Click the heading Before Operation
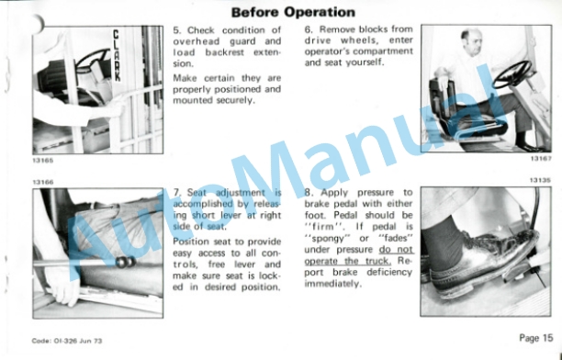tap(293, 13)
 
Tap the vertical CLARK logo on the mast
tap(117, 55)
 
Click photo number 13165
tap(43, 161)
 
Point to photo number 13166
tap(43, 182)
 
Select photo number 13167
tap(541, 159)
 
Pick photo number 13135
tap(540, 180)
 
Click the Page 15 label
tap(536, 338)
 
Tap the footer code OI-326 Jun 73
tap(67, 341)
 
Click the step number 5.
tap(176, 30)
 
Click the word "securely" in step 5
tap(236, 100)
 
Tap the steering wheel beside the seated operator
tap(511, 74)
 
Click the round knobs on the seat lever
tap(126, 262)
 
